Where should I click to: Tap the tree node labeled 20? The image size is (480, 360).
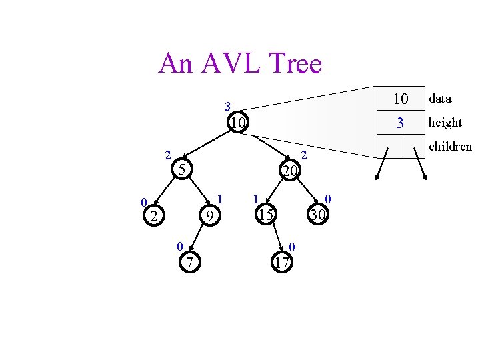tap(289, 171)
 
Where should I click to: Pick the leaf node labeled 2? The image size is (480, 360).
tap(154, 215)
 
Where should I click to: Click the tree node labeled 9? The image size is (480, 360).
tap(209, 215)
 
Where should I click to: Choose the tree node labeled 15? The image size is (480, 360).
tap(266, 215)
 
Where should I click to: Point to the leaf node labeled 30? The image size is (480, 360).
tap(318, 215)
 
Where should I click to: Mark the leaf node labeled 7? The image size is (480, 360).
tap(190, 263)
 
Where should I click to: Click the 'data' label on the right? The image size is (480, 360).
tap(440, 99)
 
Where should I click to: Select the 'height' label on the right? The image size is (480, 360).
tap(445, 123)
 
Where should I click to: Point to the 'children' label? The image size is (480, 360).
tap(450, 147)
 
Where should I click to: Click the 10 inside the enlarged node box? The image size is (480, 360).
tap(400, 99)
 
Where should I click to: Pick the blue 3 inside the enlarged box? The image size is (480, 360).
tap(400, 123)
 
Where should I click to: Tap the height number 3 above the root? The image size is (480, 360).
tap(227, 106)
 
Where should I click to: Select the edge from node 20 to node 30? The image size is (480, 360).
tap(306, 193)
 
